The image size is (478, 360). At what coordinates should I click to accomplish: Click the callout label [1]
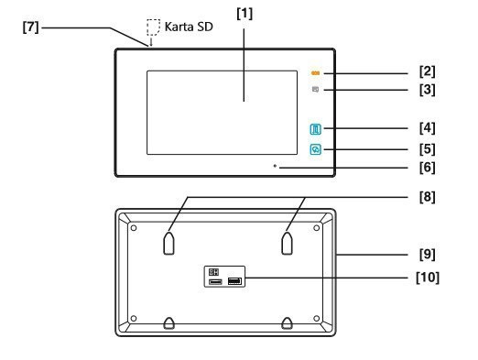pos(244,14)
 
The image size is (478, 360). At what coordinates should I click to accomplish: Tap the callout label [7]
pos(31,27)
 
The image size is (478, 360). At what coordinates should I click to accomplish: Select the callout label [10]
pos(428,278)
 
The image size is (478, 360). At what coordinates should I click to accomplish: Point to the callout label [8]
pos(428,197)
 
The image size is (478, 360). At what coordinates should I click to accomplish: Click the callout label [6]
pos(428,168)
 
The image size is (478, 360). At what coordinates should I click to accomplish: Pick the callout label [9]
pos(428,255)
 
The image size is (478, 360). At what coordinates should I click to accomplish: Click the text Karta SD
pos(189,27)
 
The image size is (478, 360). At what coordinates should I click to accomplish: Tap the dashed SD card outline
pos(153,27)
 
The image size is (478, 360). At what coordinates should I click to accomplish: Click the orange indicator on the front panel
pos(315,73)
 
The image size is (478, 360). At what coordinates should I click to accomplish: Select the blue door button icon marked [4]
pos(316,129)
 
